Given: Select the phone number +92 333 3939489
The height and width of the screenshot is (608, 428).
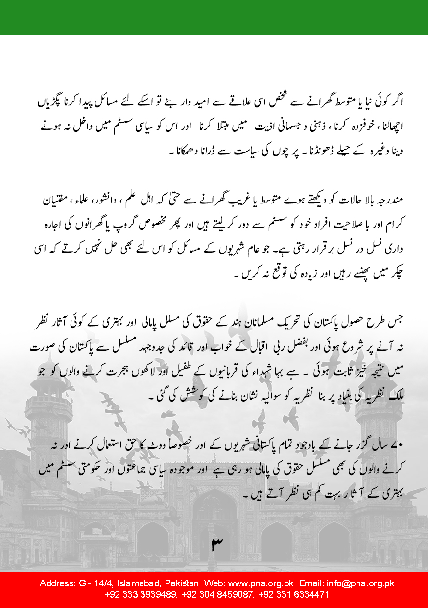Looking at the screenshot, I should (141, 594).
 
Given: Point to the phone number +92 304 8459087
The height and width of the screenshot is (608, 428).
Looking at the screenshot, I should (217, 594).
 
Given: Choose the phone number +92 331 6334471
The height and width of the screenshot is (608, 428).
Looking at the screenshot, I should (293, 594).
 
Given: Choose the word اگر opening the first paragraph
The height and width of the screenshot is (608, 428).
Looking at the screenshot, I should (382, 103).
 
